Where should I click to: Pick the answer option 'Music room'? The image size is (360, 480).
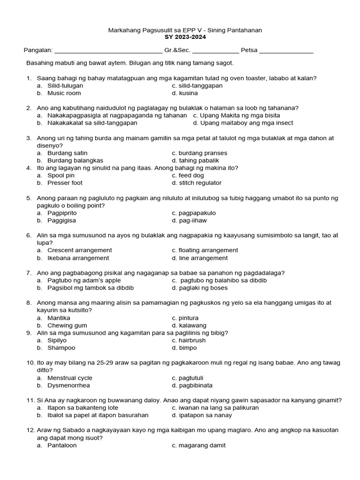click(64, 93)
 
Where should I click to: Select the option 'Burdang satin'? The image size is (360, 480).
click(67, 153)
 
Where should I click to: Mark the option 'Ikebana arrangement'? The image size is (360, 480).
click(78, 258)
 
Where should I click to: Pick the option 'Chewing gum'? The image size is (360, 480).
click(67, 325)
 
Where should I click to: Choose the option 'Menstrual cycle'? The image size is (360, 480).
click(70, 378)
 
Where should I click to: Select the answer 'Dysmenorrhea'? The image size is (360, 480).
click(68, 385)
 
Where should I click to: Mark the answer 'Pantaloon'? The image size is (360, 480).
click(62, 445)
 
